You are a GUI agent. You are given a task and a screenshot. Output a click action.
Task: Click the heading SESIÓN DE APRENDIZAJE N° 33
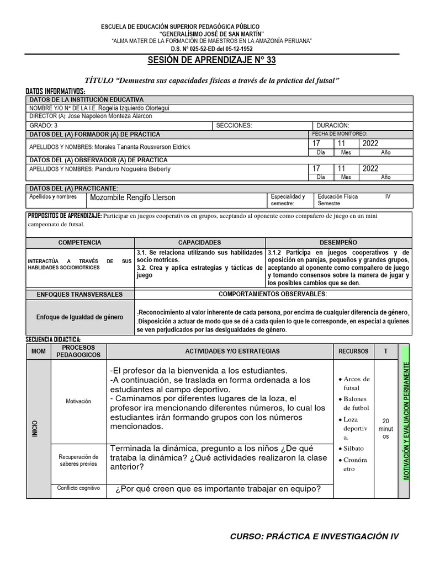coord(211,60)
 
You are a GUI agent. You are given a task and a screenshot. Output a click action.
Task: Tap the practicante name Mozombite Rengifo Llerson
coord(133,198)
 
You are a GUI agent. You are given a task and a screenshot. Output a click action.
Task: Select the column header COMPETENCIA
coord(80,242)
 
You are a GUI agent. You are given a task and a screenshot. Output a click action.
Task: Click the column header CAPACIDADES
coord(199,242)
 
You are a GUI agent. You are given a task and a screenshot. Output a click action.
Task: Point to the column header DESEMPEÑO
coord(338,242)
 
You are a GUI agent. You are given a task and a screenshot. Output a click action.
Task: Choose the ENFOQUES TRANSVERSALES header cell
coord(80,294)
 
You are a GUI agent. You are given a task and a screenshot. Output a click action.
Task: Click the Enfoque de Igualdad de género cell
coord(80,317)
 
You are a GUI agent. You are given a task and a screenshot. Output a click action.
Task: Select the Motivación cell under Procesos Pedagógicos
coord(78,401)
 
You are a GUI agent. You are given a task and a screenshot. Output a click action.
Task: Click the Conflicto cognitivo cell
coord(78,488)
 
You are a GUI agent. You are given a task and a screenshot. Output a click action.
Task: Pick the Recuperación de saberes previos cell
coord(78,460)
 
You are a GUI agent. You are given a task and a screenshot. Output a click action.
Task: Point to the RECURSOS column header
coord(353,351)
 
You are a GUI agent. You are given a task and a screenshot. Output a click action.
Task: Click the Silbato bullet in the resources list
coord(354,449)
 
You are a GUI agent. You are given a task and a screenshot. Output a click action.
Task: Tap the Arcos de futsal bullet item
coord(356,383)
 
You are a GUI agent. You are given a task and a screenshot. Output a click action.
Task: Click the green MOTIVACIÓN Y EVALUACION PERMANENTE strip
coord(406,420)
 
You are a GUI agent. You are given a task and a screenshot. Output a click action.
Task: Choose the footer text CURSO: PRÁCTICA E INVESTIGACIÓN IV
coord(314,536)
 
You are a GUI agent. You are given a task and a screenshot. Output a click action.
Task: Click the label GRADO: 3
coord(44,125)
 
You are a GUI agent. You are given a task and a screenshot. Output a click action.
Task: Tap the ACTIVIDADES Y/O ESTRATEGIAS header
coord(220,351)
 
